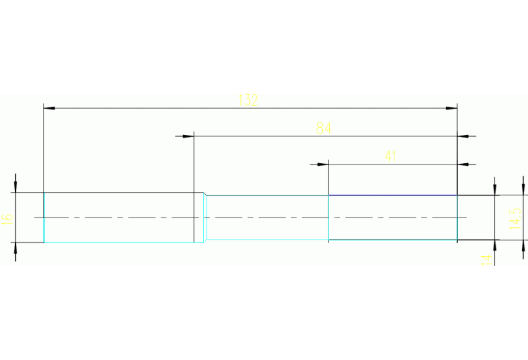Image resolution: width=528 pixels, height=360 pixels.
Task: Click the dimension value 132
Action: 248,100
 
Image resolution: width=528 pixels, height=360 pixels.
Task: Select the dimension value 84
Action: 324,128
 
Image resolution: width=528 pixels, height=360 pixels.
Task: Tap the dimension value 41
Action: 390,156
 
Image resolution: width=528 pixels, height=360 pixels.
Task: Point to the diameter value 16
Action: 8,218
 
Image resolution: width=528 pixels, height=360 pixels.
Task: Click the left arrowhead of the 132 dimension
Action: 48,108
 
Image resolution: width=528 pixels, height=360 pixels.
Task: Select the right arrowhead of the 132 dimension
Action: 452,108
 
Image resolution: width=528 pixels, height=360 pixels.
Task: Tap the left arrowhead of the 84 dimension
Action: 189,136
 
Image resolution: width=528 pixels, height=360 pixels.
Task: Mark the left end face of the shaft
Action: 44,218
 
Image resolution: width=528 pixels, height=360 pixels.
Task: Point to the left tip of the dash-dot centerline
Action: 35,218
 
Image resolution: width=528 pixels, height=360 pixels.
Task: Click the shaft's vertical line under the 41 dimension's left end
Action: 329,218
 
